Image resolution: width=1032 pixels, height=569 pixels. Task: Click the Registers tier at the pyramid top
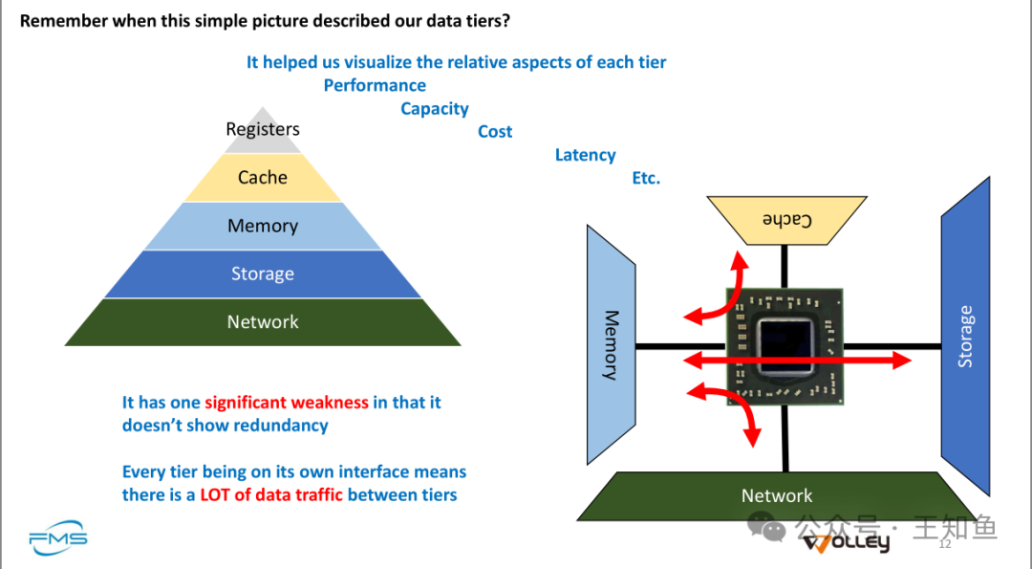click(x=263, y=131)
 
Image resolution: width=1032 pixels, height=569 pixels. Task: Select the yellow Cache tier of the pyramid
click(x=263, y=178)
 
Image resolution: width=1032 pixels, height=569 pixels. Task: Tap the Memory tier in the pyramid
click(x=263, y=227)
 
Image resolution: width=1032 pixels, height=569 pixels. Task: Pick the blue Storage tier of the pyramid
click(x=263, y=274)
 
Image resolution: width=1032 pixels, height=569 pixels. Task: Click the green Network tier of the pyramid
click(x=263, y=322)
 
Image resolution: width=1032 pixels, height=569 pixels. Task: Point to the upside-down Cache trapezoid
click(x=785, y=219)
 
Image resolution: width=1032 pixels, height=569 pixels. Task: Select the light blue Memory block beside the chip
click(x=611, y=344)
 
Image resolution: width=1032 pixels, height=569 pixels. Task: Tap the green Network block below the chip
click(x=778, y=495)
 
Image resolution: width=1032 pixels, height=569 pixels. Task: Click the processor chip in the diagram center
click(x=785, y=346)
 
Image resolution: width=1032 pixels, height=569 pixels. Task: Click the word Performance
click(x=375, y=85)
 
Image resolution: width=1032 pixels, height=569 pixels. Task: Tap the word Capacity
click(x=435, y=109)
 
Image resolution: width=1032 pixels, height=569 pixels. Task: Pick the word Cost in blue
click(x=495, y=132)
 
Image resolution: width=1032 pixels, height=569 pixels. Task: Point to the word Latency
click(x=585, y=155)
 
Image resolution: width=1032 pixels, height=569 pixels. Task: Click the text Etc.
click(x=646, y=179)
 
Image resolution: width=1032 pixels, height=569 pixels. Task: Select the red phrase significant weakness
click(x=287, y=403)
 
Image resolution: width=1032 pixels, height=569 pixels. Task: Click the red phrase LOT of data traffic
click(x=271, y=495)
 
